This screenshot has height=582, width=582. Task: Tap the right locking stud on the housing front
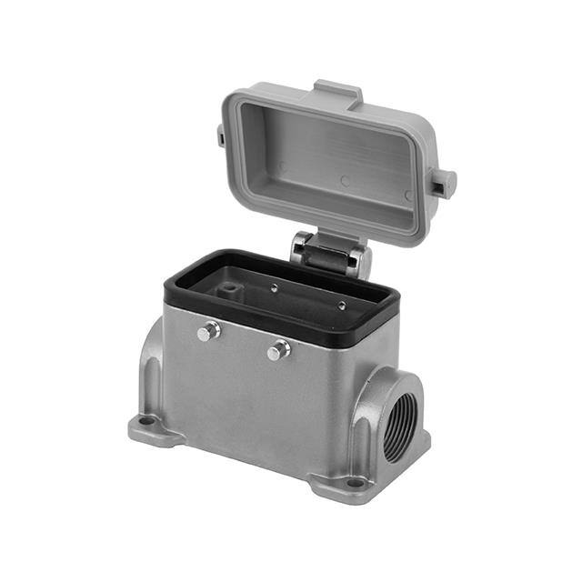[x=278, y=350]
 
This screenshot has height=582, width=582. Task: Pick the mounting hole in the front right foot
[x=355, y=482]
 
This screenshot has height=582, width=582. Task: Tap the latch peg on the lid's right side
[x=443, y=182]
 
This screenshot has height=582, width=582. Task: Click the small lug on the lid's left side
[x=221, y=136]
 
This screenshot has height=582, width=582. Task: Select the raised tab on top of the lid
[x=337, y=92]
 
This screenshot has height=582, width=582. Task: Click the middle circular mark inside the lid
[x=345, y=181]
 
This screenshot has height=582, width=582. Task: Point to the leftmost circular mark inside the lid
[x=282, y=167]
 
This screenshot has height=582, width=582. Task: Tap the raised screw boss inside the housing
[x=231, y=290]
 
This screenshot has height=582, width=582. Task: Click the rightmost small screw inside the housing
[x=341, y=306]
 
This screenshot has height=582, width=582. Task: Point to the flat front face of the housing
[x=264, y=400]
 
